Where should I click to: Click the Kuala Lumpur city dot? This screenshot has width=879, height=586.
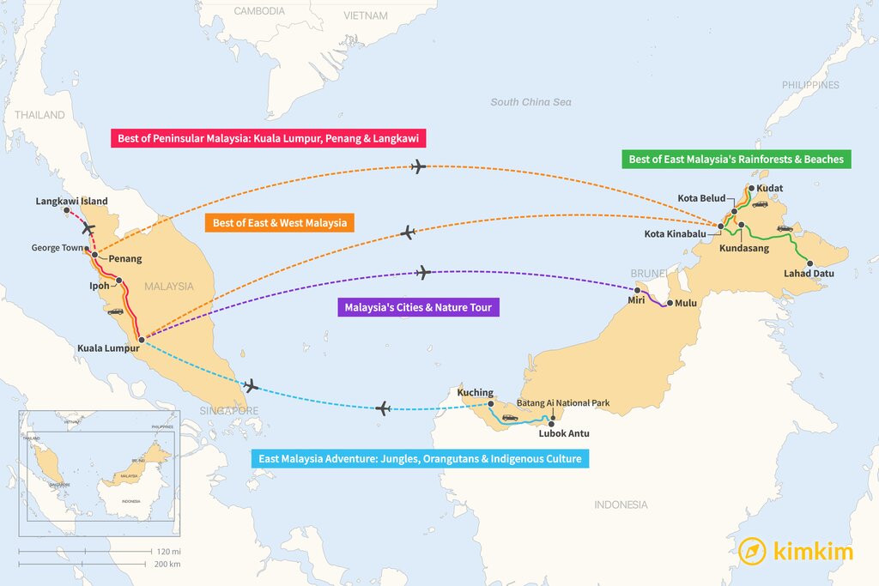(x=142, y=340)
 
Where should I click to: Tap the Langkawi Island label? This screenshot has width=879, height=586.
(x=72, y=202)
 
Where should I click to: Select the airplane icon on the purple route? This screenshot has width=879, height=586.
(x=422, y=273)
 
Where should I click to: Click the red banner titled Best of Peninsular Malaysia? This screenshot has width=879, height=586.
(x=269, y=137)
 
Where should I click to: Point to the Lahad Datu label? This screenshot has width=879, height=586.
(x=809, y=274)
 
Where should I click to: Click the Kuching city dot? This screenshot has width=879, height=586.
(x=490, y=403)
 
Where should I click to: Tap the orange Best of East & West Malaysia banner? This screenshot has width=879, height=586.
(x=280, y=223)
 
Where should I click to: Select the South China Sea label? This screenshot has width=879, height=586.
(x=530, y=102)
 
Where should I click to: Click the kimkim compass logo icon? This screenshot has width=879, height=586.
(x=752, y=551)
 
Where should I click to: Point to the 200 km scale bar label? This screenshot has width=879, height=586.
(x=168, y=564)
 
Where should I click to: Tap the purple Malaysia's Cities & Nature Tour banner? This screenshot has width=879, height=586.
(x=418, y=307)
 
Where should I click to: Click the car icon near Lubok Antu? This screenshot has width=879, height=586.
(x=510, y=418)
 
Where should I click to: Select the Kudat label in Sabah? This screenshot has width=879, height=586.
(x=770, y=188)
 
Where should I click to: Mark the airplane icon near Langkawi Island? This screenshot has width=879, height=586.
(x=88, y=228)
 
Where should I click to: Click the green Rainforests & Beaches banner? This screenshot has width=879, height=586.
(x=737, y=159)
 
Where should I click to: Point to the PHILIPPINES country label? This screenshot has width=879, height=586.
(x=810, y=85)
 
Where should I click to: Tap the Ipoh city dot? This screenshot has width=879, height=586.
(x=119, y=281)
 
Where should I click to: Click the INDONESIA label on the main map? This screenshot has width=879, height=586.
(x=621, y=504)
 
